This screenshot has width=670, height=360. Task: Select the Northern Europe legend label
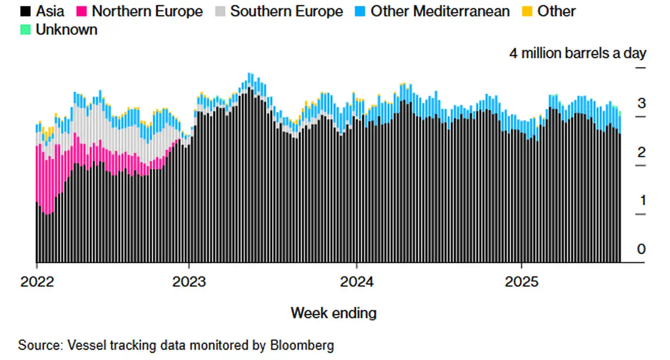(x=147, y=11)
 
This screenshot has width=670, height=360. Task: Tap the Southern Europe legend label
(x=286, y=11)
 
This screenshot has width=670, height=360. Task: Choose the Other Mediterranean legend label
(x=440, y=11)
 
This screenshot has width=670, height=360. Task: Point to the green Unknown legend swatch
(x=25, y=30)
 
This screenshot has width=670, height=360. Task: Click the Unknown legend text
(x=66, y=30)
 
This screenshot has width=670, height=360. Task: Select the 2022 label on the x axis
(x=37, y=281)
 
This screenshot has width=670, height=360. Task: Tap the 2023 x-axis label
(x=190, y=281)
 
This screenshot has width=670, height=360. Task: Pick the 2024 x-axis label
(x=357, y=281)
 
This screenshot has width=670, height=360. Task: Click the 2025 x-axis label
(x=522, y=281)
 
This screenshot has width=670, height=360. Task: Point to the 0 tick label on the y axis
(x=641, y=249)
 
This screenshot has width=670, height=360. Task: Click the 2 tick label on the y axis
(x=641, y=152)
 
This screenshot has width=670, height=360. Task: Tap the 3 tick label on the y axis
(x=641, y=103)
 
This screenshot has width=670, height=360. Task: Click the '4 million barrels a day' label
(x=577, y=53)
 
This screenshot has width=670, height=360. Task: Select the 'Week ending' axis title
(x=334, y=313)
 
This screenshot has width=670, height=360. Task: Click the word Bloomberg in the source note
(x=303, y=345)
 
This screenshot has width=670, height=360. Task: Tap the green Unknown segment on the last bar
(x=620, y=113)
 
